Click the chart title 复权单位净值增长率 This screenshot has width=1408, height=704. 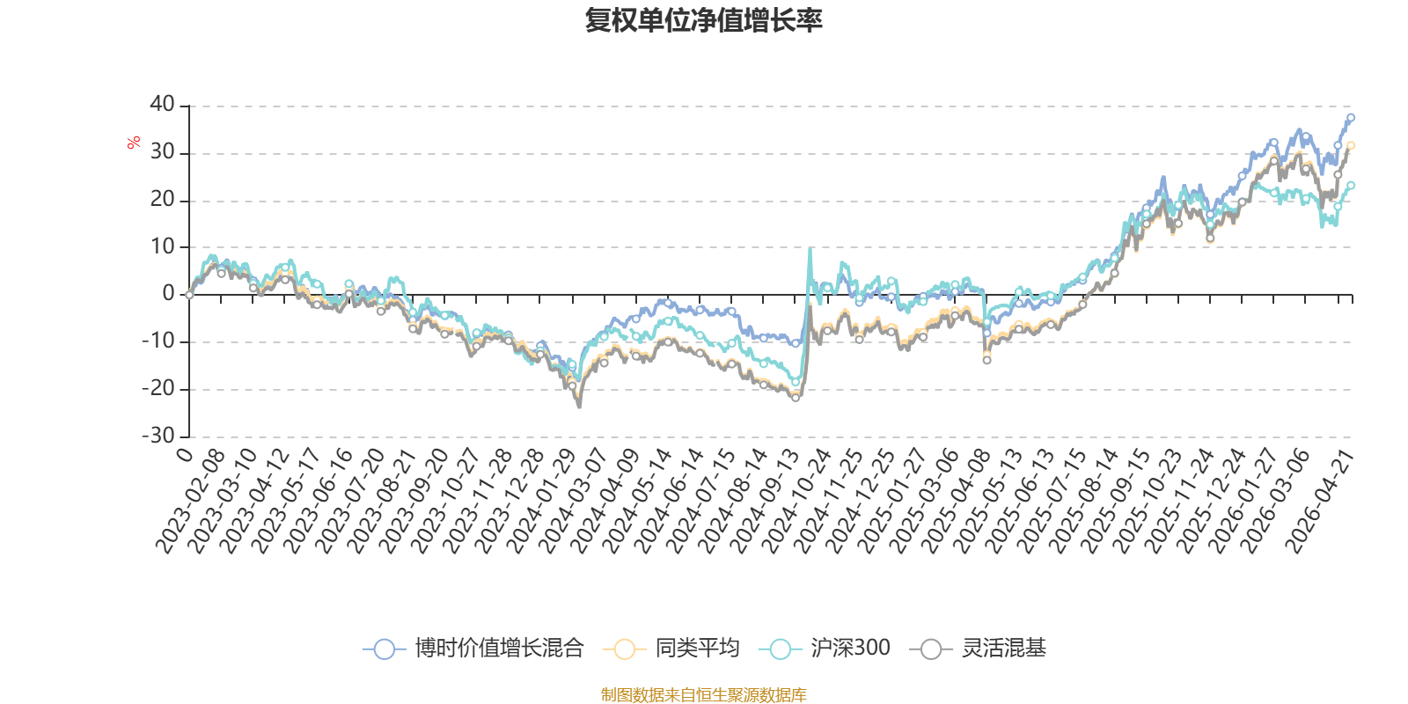click(x=704, y=20)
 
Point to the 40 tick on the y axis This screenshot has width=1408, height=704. click(x=163, y=105)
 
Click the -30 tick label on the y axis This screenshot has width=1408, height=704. click(x=158, y=436)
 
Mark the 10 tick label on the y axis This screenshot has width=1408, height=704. click(x=163, y=247)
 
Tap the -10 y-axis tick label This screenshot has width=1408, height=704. click(x=158, y=341)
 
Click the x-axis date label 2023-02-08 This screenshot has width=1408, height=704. click(x=191, y=500)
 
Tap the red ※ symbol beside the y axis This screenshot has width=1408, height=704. click(x=134, y=143)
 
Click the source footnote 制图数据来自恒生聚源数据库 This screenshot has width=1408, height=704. click(x=704, y=695)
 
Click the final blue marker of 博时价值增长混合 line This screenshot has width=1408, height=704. click(x=1351, y=117)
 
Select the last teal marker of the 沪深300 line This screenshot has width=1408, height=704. click(x=1351, y=186)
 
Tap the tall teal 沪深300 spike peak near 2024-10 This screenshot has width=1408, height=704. click(x=810, y=250)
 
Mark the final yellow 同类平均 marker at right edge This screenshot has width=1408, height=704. click(x=1351, y=146)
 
